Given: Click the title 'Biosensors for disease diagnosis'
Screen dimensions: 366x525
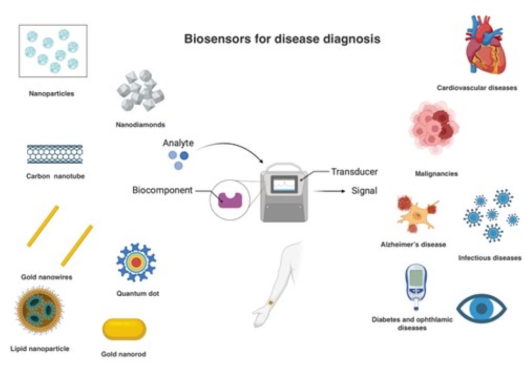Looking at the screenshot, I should [282, 39].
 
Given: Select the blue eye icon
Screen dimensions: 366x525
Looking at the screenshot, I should [481, 309].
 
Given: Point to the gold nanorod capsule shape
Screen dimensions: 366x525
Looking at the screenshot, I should [124, 330].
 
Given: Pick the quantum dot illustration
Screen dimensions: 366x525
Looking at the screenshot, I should [136, 262].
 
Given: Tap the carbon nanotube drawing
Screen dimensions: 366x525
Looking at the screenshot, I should [54, 154].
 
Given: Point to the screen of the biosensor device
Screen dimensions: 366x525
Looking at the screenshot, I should [284, 184].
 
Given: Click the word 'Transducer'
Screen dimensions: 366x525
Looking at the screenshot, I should [355, 172].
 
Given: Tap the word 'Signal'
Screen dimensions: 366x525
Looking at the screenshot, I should [364, 191].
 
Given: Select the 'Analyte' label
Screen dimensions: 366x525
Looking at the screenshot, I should [178, 143].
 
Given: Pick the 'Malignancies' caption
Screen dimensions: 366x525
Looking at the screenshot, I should [436, 174].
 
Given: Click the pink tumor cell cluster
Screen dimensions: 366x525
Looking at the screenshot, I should [434, 127].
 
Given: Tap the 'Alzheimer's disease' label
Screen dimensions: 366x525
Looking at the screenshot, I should [413, 244].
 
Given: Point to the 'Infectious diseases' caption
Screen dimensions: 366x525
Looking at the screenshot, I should [490, 258].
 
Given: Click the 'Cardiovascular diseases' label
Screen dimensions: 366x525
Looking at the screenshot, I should [477, 88].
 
